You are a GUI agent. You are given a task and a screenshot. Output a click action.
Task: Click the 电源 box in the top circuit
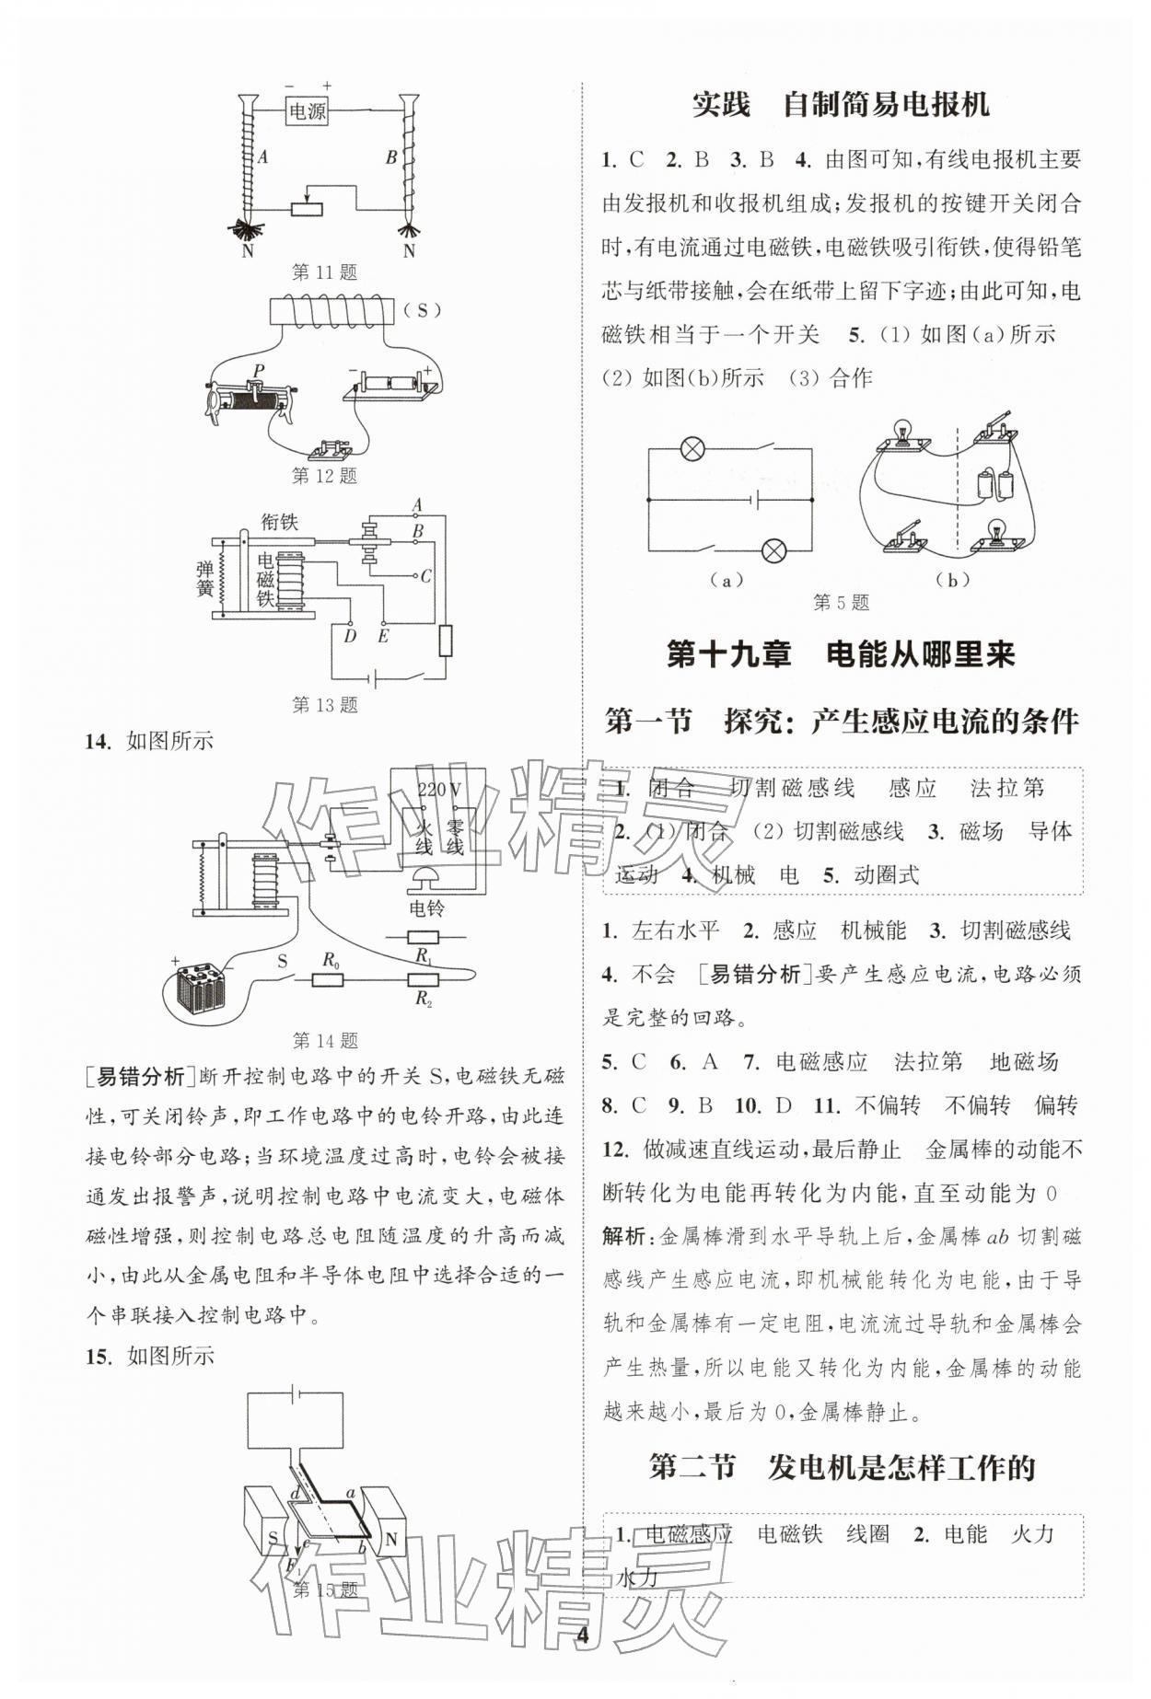pos(307,112)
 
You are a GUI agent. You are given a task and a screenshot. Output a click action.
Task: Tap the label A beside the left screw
pos(262,157)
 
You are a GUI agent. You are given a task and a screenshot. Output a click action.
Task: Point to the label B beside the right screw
pos(391,157)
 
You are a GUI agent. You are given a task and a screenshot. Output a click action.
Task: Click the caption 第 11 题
pos(324,272)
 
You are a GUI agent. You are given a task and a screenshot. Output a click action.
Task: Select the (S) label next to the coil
pos(423,310)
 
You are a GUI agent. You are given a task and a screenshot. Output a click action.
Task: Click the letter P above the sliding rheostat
pos(259,372)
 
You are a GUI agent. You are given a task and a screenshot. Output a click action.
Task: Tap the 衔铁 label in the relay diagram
pos(279,522)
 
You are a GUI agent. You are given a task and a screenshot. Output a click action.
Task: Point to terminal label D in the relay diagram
pos(350,635)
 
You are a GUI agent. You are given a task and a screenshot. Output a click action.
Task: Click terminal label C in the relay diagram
pos(425,577)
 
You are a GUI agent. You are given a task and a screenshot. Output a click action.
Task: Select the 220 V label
pos(438,789)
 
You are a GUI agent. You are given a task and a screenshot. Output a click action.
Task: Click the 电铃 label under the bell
pos(426,908)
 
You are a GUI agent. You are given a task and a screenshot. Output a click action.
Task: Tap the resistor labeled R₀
pos(328,979)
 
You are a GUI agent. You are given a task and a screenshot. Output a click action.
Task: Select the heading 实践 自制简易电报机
pos(840,105)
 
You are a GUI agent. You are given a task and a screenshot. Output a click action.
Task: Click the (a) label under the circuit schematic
pos(727,580)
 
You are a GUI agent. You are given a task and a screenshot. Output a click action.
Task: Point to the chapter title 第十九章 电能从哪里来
pos(840,654)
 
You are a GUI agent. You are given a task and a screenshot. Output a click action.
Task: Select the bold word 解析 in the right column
pos(624,1236)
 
